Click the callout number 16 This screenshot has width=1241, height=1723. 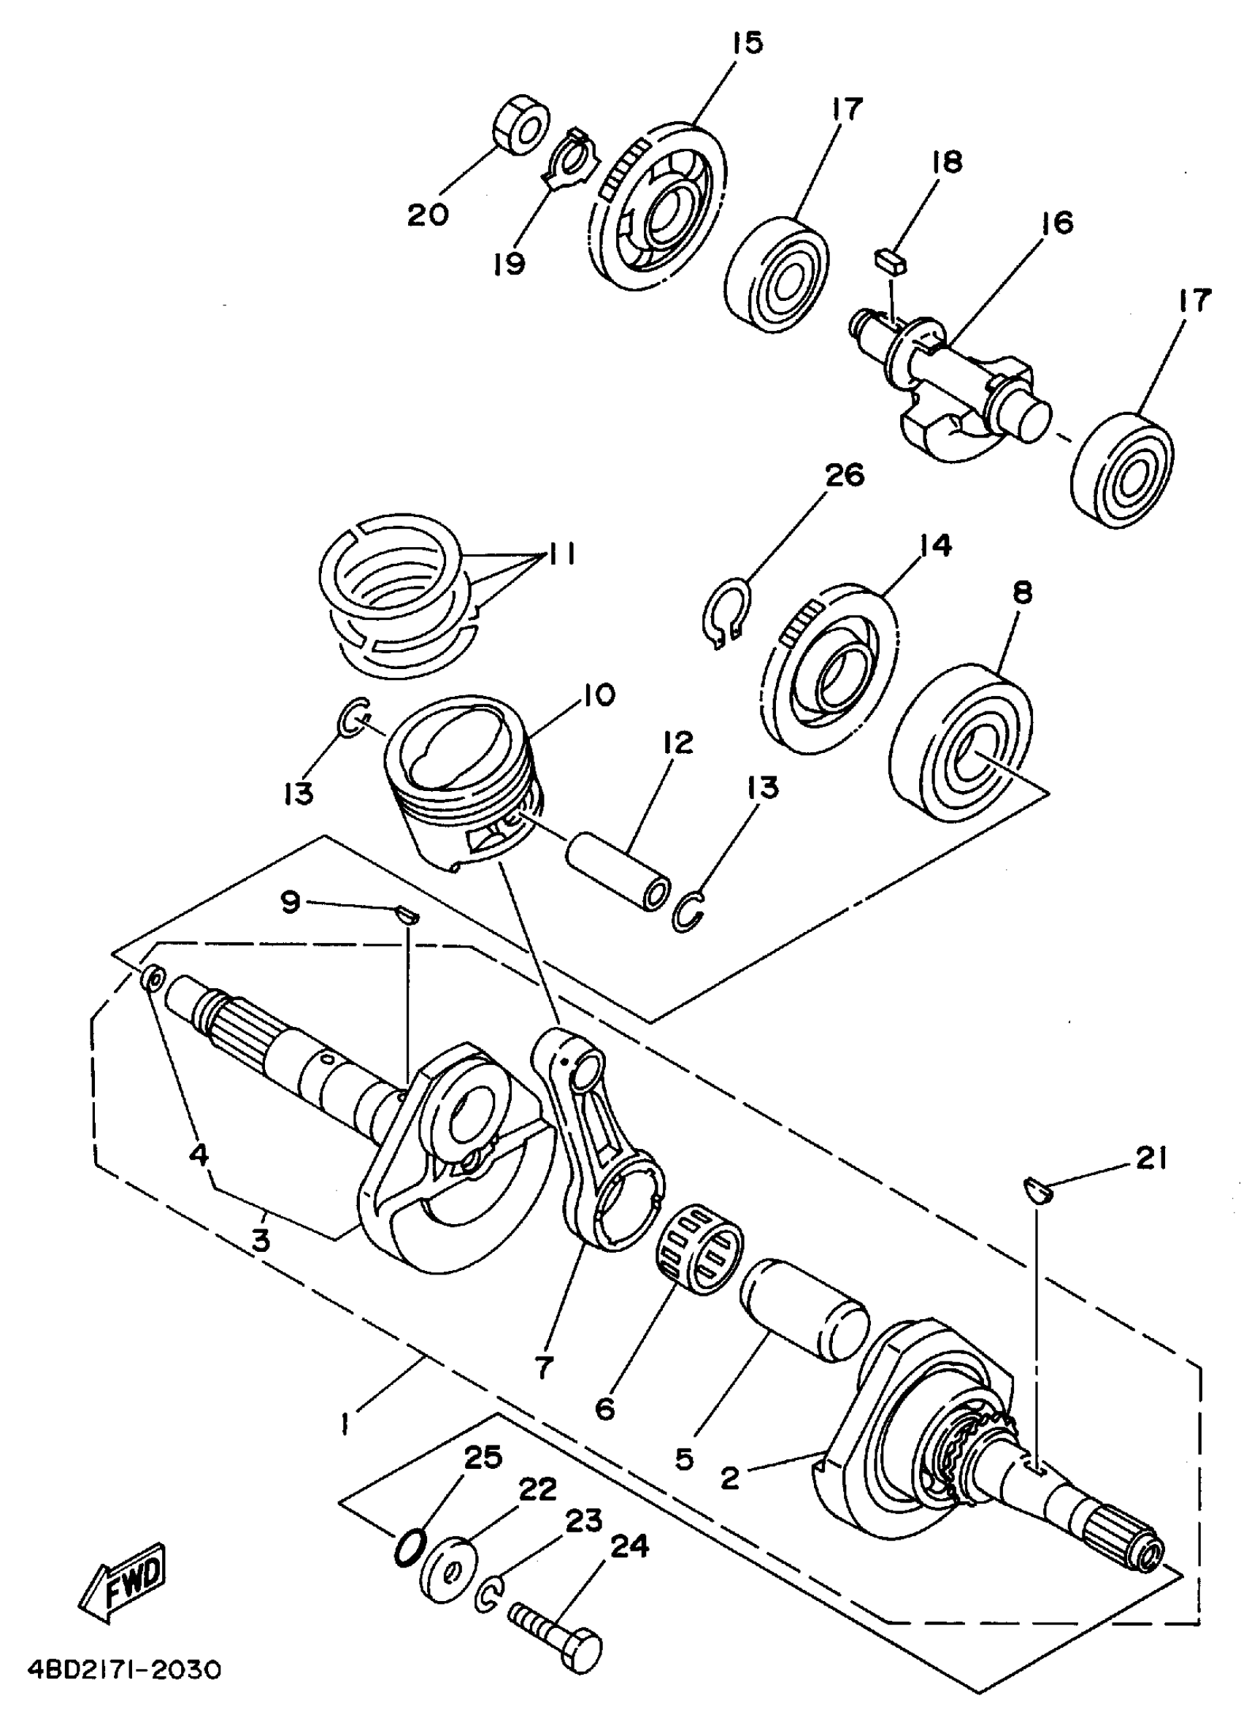pyautogui.click(x=1057, y=223)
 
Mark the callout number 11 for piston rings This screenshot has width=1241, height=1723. pyautogui.click(x=561, y=554)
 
